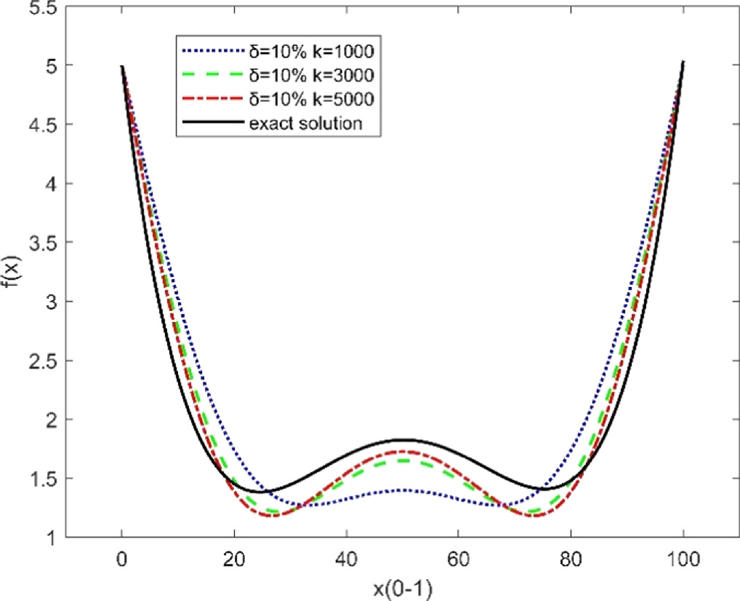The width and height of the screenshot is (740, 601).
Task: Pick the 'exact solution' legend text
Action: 305,123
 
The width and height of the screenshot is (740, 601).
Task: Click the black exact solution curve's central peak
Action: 402,439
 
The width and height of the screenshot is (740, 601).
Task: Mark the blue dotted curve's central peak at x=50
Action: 402,490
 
